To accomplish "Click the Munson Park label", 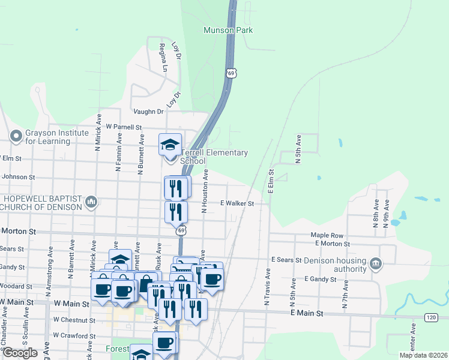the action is tap(236, 30).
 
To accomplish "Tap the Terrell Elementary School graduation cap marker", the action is tap(170, 144).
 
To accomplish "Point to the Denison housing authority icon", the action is tap(376, 263).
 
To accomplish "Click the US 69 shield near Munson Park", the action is tap(231, 73).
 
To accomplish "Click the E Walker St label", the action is tap(237, 203).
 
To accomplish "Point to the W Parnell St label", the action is tap(123, 127).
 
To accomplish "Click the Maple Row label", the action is tap(327, 235).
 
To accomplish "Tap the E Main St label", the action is tap(306, 313).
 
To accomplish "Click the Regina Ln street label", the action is tap(163, 58).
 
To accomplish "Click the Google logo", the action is tap(20, 353).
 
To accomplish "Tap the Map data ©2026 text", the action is tap(423, 355).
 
